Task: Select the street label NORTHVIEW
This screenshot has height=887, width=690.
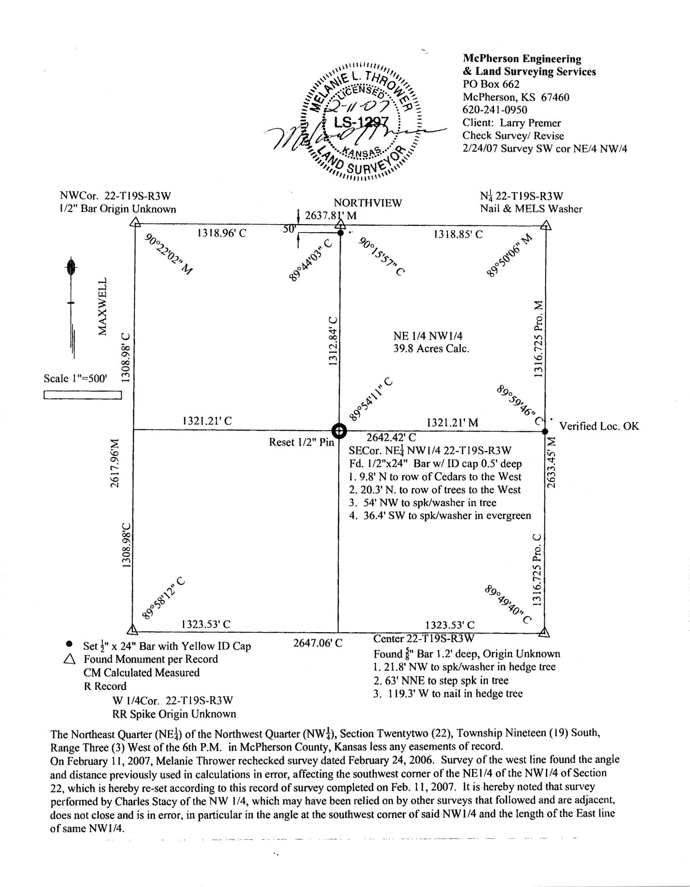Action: [368, 203]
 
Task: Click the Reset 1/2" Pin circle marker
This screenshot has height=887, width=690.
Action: [339, 431]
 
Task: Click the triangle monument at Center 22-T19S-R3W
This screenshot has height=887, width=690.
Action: [545, 632]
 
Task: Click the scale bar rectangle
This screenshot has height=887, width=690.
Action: [82, 395]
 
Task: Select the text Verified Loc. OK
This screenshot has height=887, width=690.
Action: [599, 426]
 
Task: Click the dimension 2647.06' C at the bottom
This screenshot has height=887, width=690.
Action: [318, 643]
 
